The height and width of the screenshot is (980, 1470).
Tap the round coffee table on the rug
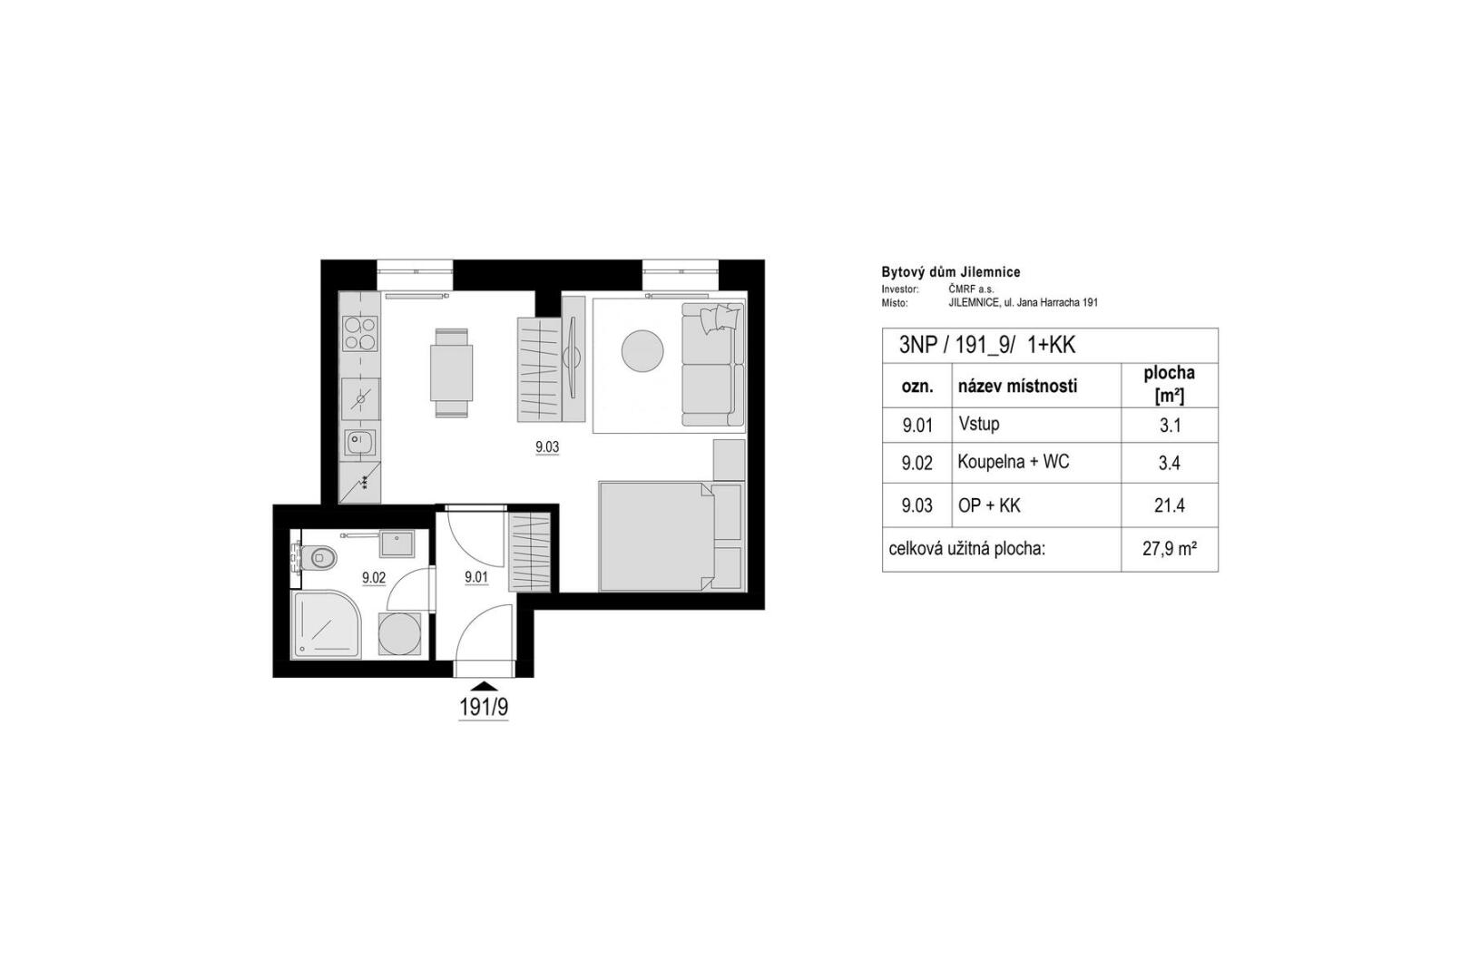642,350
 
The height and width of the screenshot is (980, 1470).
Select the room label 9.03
546,447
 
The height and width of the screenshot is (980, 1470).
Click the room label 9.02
374,578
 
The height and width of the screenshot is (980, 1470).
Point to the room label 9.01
476,578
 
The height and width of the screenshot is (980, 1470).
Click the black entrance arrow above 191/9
485,686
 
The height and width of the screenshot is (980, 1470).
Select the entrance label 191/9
484,708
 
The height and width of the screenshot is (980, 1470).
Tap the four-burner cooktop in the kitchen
360,334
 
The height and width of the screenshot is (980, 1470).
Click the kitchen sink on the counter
359,443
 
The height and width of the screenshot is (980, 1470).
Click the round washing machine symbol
399,633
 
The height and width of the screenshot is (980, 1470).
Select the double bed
656,537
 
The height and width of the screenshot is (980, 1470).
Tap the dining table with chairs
451,373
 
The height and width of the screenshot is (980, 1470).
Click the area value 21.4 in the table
1169,505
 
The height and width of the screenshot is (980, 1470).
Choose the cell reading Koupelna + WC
1014,462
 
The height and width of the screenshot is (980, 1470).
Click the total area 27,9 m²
1169,549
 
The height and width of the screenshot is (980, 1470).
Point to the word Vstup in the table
978,424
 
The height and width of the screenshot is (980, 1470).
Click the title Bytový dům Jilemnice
951,272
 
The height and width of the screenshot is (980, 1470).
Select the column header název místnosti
1018,386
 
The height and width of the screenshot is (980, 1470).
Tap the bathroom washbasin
397,544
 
